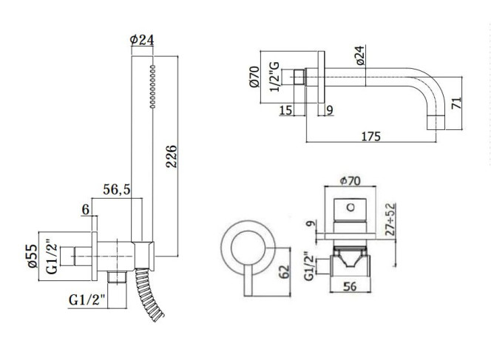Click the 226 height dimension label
(x=172, y=156)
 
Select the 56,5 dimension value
(x=117, y=189)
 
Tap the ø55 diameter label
(x=33, y=256)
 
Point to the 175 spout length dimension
(x=371, y=137)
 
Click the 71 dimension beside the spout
(x=456, y=103)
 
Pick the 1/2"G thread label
(x=274, y=77)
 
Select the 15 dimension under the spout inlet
(x=285, y=110)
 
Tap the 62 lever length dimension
(x=285, y=272)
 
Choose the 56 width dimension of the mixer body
(x=350, y=286)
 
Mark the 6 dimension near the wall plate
(x=86, y=209)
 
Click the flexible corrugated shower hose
(x=148, y=293)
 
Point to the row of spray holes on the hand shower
(x=153, y=86)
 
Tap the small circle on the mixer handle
(x=351, y=207)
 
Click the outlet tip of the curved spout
(x=436, y=123)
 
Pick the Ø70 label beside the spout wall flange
(x=255, y=77)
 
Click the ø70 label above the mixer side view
(x=350, y=180)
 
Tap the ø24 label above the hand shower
(x=142, y=40)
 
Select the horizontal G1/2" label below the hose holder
(x=87, y=300)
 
